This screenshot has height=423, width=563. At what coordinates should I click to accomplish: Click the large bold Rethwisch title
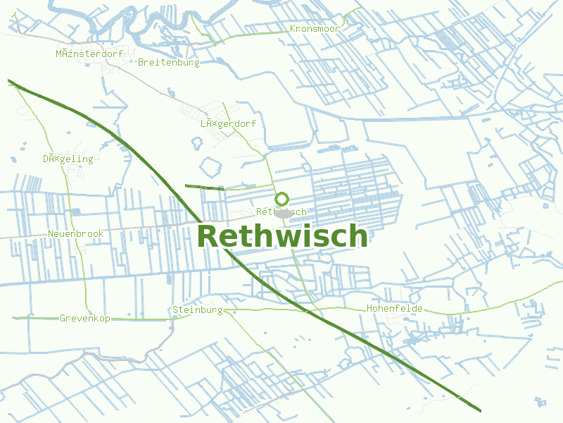pyautogui.click(x=282, y=237)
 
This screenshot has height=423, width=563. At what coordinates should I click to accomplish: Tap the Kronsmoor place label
pyautogui.click(x=315, y=29)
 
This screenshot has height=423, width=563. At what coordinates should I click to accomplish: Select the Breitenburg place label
pyautogui.click(x=169, y=62)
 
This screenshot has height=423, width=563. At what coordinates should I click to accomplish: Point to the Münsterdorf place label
pyautogui.click(x=90, y=54)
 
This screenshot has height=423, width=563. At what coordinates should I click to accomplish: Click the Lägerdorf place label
pyautogui.click(x=228, y=123)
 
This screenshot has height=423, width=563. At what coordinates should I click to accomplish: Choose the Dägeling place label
pyautogui.click(x=68, y=159)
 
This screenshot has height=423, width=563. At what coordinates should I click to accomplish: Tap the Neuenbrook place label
pyautogui.click(x=76, y=233)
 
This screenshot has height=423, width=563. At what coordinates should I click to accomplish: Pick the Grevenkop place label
pyautogui.click(x=85, y=319)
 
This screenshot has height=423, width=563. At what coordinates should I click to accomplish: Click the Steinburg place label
pyautogui.click(x=198, y=309)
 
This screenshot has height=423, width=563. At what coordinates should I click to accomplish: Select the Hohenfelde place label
pyautogui.click(x=394, y=309)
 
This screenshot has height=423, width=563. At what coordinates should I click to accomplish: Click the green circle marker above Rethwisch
pyautogui.click(x=281, y=199)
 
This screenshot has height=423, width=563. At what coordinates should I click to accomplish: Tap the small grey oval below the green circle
pyautogui.click(x=284, y=213)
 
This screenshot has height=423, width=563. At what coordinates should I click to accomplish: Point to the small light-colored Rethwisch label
pyautogui.click(x=281, y=211)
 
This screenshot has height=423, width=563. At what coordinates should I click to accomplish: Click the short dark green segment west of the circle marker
pyautogui.click(x=204, y=187)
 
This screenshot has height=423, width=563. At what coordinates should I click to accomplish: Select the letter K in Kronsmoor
pyautogui.click(x=293, y=29)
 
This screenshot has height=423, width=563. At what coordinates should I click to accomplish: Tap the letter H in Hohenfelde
pyautogui.click(x=369, y=309)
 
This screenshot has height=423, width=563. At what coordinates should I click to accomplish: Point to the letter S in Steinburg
pyautogui.click(x=175, y=309)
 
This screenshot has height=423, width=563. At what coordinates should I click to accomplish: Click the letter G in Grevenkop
pyautogui.click(x=63, y=319)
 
